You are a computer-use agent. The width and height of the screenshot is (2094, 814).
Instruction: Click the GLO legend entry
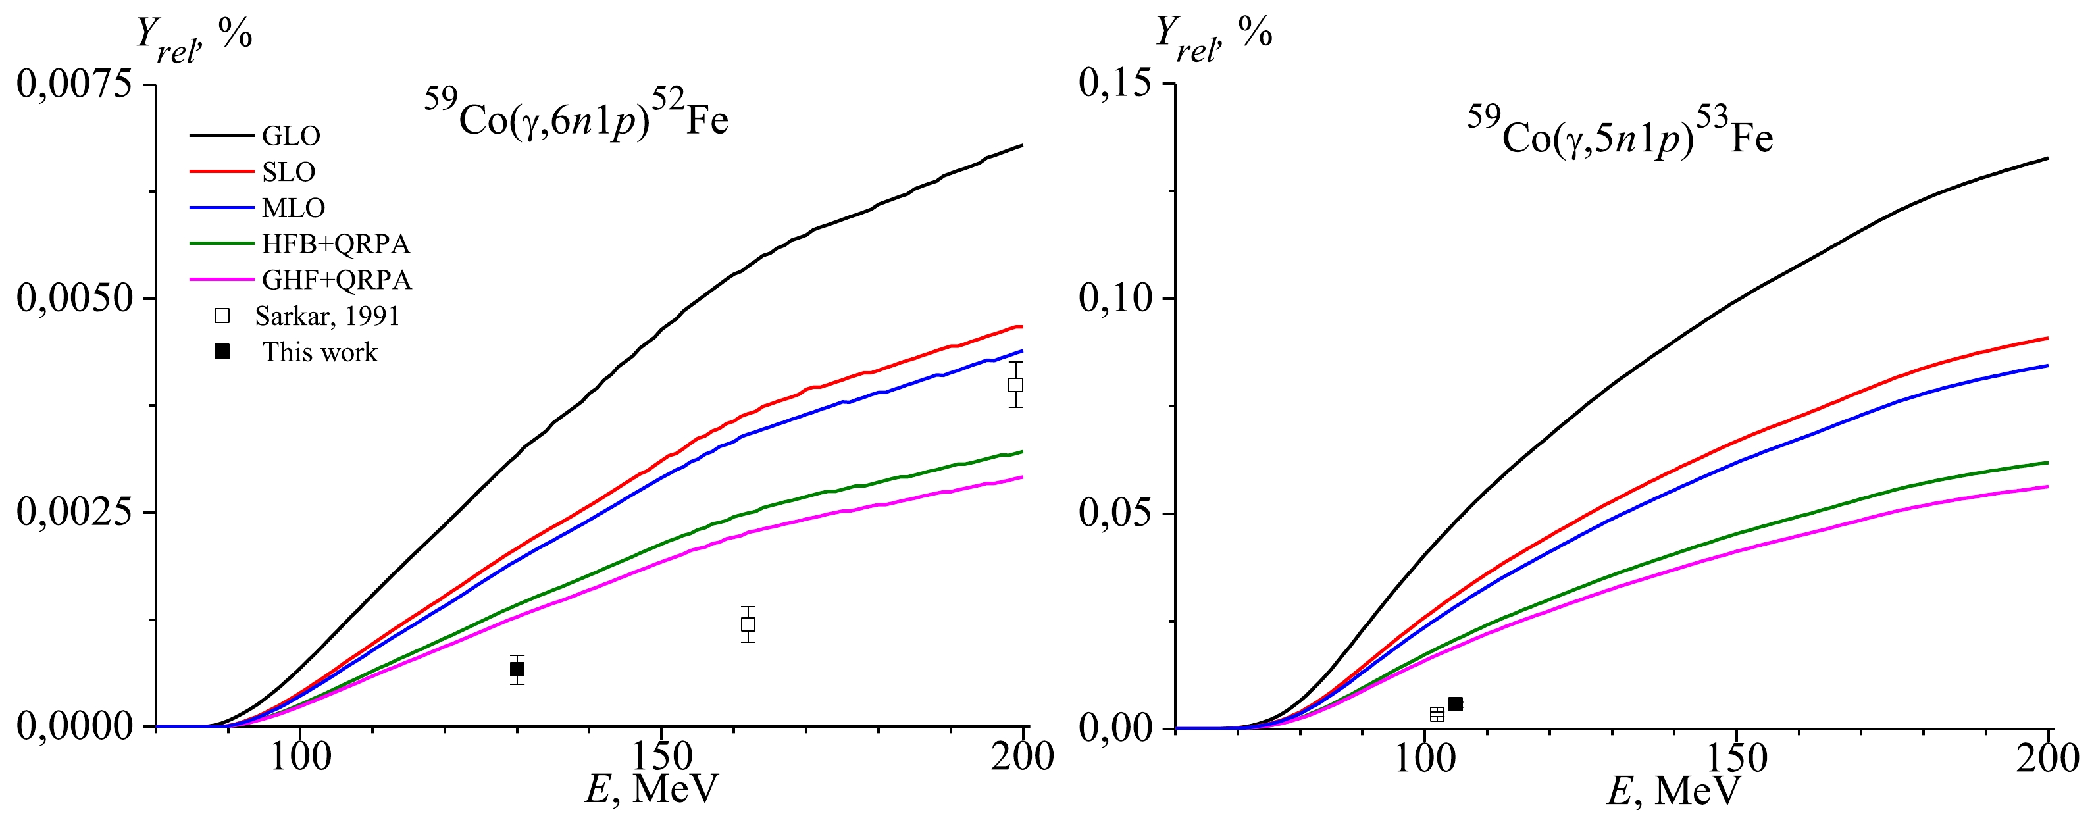pyautogui.click(x=291, y=136)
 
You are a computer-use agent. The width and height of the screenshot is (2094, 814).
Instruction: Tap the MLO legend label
pyautogui.click(x=293, y=208)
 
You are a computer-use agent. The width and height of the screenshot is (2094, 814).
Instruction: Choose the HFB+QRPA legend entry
pyautogui.click(x=336, y=244)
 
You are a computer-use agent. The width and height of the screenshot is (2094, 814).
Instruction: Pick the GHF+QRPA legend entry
pyautogui.click(x=336, y=280)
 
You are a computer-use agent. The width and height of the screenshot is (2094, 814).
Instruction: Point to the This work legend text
pyautogui.click(x=319, y=352)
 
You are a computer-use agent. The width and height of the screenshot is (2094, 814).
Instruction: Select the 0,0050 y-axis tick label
pyautogui.click(x=75, y=299)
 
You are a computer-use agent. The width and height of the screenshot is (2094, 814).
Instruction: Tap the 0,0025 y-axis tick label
pyautogui.click(x=75, y=513)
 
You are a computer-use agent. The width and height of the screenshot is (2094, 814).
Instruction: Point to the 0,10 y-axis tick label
pyautogui.click(x=1115, y=299)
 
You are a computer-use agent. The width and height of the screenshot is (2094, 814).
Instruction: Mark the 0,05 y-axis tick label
pyautogui.click(x=1115, y=513)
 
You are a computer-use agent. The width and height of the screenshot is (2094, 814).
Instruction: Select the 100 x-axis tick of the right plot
pyautogui.click(x=1423, y=759)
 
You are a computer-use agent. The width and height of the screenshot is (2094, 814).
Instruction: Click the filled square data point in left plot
pyautogui.click(x=517, y=669)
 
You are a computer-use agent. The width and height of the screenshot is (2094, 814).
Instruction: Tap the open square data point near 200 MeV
pyautogui.click(x=1015, y=385)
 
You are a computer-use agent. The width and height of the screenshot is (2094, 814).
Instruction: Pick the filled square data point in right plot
pyautogui.click(x=1455, y=704)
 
